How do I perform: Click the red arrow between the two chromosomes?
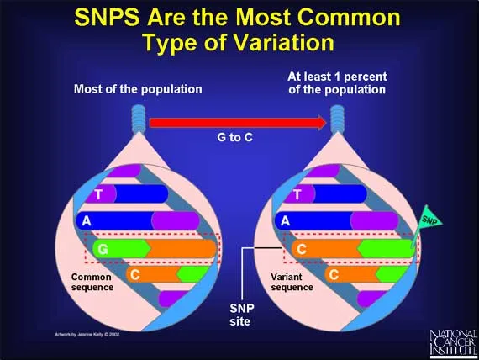click(x=238, y=122)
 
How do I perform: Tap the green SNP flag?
click(x=429, y=220)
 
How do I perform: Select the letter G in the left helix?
click(x=103, y=250)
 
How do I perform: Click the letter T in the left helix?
click(x=99, y=194)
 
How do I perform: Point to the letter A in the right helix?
click(x=286, y=222)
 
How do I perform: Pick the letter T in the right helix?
click(x=296, y=194)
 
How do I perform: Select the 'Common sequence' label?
click(x=92, y=282)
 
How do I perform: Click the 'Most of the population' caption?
click(x=138, y=88)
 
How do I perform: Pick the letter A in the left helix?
click(x=85, y=222)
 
